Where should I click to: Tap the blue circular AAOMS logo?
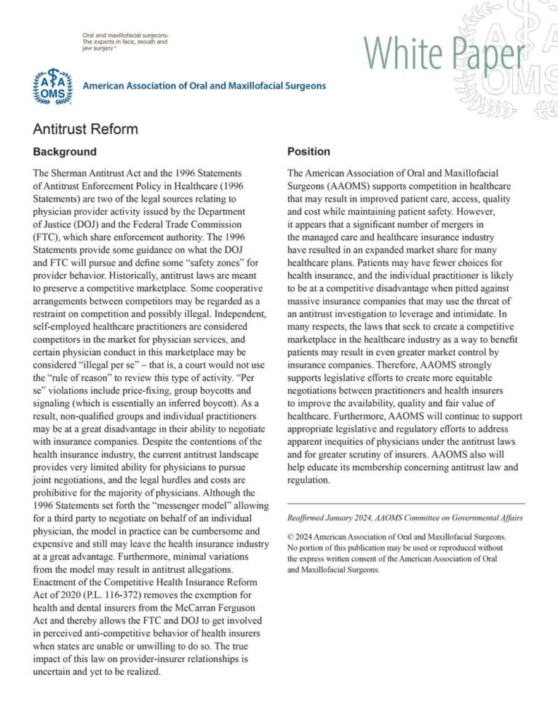(x=53, y=86)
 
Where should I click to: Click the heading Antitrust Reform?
(x=85, y=129)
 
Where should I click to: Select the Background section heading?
(x=65, y=152)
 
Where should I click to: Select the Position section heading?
(x=308, y=152)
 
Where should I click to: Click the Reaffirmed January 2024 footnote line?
(x=405, y=518)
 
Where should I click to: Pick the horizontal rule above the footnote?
(x=406, y=503)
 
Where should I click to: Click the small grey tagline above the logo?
(x=124, y=42)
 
